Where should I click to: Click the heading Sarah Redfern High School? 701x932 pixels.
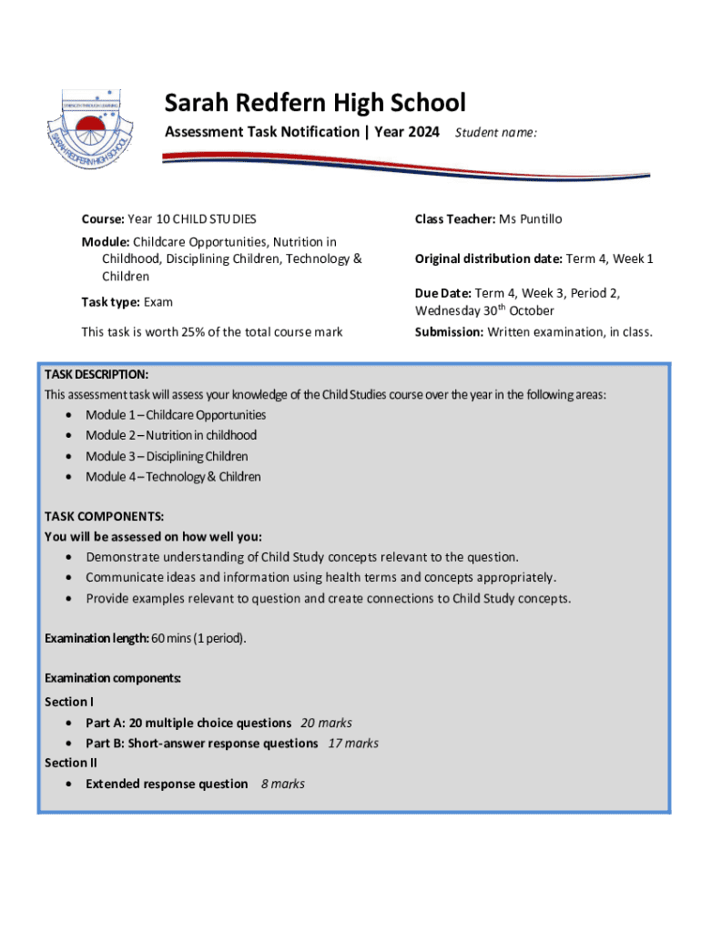(314, 103)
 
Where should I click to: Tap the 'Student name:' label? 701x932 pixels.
(496, 133)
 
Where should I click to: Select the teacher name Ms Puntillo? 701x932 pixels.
(530, 219)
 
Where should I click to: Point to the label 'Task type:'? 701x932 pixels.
(110, 302)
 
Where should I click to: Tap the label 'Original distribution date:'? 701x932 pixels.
(488, 259)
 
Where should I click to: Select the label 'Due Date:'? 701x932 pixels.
(442, 294)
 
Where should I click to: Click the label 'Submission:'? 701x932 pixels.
(449, 332)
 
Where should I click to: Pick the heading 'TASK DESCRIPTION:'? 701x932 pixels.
(97, 375)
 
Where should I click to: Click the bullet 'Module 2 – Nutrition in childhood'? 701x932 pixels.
(171, 436)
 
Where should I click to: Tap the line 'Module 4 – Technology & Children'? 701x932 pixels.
(173, 477)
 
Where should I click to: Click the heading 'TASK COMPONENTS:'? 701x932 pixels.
(105, 516)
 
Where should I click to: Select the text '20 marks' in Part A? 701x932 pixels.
(326, 724)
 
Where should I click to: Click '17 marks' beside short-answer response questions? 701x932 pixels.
(353, 744)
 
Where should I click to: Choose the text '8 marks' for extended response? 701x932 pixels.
(282, 784)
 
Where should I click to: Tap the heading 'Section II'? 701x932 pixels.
(71, 764)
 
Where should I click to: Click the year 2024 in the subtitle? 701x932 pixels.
(422, 132)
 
